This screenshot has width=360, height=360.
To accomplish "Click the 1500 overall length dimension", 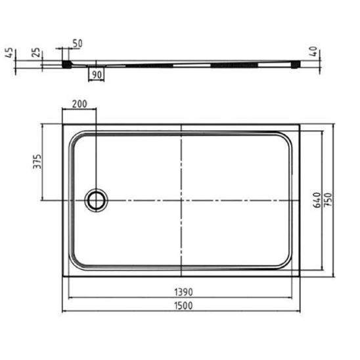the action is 183,306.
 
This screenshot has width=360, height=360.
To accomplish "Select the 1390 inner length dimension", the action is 183,292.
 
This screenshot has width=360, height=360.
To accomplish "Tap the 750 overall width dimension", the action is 328,200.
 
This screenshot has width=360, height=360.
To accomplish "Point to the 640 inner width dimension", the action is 317,200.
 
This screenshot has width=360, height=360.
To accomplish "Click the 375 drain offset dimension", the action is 37,162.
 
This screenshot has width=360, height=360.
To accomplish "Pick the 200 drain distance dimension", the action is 79,104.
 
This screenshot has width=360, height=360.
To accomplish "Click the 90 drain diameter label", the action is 97,75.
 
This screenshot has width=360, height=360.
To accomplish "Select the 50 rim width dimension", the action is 78,43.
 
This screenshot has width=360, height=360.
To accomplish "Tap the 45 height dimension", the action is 9,53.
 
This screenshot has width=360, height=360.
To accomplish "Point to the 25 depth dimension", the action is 36,53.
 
